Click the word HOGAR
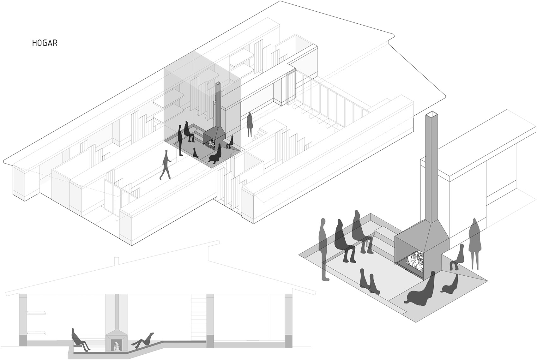45,43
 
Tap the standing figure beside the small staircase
250,124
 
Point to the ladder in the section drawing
198,315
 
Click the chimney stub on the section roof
117,261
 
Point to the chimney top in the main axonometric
219,83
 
